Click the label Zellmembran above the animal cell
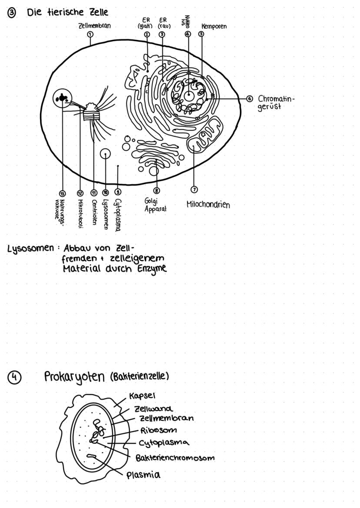tap(94, 26)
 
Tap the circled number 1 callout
tap(90, 34)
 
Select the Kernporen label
tap(214, 26)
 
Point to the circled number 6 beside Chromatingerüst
tap(250, 98)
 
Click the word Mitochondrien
tap(208, 204)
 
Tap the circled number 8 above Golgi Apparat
tap(157, 190)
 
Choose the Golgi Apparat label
tap(155, 205)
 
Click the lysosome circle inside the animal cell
tap(105, 154)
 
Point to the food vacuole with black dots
tap(62, 99)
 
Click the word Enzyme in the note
tap(152, 269)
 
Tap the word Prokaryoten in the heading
tap(74, 377)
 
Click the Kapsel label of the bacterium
tap(143, 396)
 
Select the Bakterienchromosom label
tap(175, 458)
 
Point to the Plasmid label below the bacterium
tap(143, 475)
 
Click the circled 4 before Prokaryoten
tap(14, 377)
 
